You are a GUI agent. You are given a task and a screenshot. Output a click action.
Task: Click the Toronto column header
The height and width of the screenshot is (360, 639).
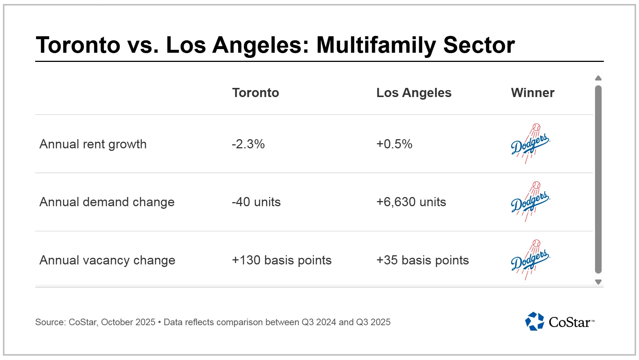[255, 93]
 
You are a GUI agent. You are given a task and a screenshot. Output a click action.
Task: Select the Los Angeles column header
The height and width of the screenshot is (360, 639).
[414, 93]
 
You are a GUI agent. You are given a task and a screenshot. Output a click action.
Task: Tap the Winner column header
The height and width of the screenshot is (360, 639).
[532, 93]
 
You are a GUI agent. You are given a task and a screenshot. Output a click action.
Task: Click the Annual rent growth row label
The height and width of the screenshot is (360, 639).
[93, 144]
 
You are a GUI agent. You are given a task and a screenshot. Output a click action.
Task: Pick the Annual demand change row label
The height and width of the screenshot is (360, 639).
[107, 202]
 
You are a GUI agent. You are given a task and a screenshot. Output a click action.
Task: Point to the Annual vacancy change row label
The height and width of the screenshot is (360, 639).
[107, 260]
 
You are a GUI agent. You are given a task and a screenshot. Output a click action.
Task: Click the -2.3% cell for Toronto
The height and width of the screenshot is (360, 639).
[248, 144]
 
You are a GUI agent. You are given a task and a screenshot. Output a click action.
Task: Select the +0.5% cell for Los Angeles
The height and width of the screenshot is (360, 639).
[394, 144]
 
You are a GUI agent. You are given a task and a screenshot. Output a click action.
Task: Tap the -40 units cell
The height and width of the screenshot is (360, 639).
[256, 202]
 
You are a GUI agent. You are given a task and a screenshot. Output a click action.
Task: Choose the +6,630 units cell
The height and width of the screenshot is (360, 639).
[411, 202]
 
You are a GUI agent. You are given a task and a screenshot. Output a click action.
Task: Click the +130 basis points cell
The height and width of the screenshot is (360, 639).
[281, 260]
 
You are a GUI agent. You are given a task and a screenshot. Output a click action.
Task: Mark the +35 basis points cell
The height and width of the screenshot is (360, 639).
[422, 260]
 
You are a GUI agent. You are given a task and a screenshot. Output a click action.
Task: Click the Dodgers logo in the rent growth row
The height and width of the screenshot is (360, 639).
[530, 144]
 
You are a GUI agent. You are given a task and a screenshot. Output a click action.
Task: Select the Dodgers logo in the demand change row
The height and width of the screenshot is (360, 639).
[530, 201]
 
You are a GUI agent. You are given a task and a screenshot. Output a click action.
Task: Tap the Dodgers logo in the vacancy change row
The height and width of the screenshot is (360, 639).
[530, 260]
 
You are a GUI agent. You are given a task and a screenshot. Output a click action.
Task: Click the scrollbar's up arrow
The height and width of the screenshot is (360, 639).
[598, 78]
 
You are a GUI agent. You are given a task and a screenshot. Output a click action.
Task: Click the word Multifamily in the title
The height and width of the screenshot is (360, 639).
[376, 45]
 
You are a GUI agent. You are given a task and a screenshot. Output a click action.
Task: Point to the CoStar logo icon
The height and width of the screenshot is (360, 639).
[535, 321]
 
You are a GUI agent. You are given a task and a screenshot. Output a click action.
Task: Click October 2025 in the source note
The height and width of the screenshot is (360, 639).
[128, 322]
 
